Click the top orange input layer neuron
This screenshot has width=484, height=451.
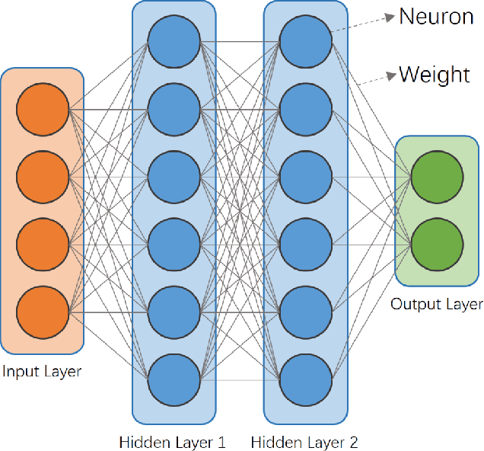(x=42, y=110)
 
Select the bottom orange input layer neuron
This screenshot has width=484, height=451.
(x=42, y=312)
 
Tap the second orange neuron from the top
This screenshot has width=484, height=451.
(x=42, y=178)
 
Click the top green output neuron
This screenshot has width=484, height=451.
(x=437, y=178)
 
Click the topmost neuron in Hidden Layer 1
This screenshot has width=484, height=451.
(x=174, y=42)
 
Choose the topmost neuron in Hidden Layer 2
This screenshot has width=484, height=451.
(x=305, y=42)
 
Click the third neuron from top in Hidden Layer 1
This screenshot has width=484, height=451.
(x=174, y=178)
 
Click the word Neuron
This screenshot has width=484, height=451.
(x=436, y=16)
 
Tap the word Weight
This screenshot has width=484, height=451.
(x=435, y=74)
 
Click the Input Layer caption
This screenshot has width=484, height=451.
(x=42, y=372)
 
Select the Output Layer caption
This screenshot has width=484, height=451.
(x=437, y=305)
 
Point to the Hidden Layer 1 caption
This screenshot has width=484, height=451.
(x=173, y=441)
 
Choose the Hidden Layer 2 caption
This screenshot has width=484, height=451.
(x=304, y=441)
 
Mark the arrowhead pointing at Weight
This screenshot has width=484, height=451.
(x=392, y=75)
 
